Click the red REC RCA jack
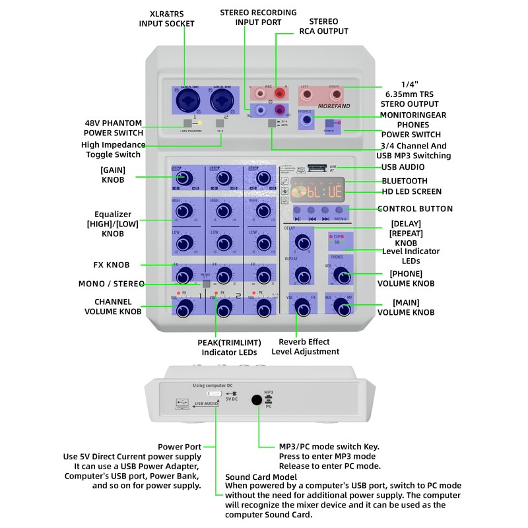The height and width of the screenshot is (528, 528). coord(280,93)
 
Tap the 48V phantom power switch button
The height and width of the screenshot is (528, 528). coord(188,123)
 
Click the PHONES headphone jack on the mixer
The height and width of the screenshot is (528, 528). coord(306,121)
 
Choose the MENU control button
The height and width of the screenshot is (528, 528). coord(339,211)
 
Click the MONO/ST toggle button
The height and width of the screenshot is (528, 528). coord(207,283)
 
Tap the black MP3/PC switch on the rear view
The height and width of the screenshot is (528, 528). coord(257,399)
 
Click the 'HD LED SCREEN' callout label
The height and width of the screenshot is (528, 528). coord(411,192)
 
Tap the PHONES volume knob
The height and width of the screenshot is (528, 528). coord(341,275)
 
